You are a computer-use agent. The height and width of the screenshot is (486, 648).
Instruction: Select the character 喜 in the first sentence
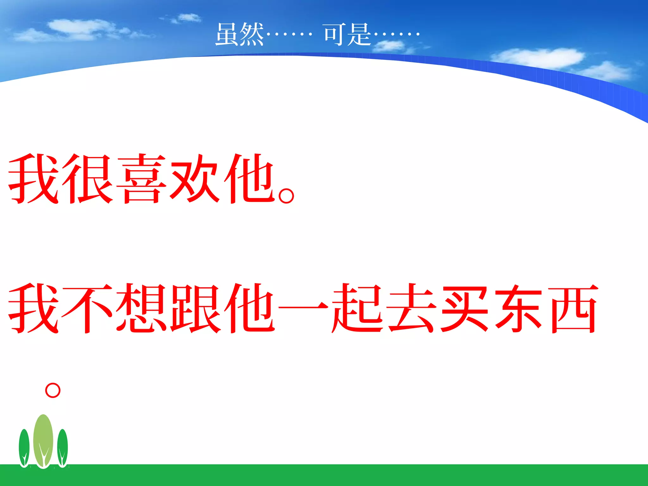click(x=141, y=179)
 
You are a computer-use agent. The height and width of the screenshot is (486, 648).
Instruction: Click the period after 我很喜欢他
click(x=287, y=195)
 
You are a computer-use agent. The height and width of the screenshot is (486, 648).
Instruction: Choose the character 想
click(x=141, y=308)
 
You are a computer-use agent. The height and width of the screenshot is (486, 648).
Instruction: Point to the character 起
click(x=357, y=308)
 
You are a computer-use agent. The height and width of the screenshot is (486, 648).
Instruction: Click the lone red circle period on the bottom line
click(x=53, y=390)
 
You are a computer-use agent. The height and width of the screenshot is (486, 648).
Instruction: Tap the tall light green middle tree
click(x=43, y=440)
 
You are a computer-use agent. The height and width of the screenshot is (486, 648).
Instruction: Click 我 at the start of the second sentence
click(x=34, y=308)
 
